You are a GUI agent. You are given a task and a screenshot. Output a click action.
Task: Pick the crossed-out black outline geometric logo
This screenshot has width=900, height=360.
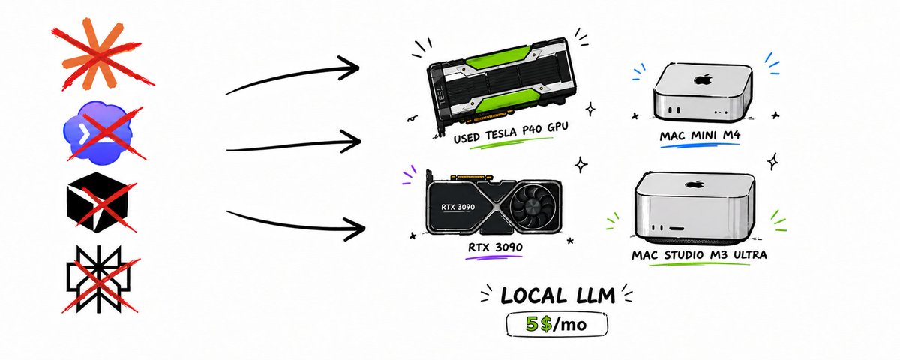point(98,279)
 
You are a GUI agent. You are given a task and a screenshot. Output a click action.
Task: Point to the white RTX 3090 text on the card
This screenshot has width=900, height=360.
point(457,207)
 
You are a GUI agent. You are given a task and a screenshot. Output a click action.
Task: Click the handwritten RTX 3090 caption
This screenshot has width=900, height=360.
point(495,247)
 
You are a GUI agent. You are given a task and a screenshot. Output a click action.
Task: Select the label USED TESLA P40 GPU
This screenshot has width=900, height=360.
point(511,132)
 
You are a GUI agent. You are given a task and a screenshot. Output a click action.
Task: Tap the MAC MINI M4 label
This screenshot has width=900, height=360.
point(700,136)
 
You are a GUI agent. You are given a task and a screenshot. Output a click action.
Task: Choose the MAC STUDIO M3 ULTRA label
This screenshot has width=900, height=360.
point(699,255)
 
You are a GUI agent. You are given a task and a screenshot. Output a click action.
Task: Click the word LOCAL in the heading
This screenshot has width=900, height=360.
point(529,296)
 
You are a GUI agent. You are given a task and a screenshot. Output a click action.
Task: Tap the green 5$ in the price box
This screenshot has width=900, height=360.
point(538,324)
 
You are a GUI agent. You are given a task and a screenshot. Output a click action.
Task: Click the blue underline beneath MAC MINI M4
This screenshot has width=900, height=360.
point(700,145)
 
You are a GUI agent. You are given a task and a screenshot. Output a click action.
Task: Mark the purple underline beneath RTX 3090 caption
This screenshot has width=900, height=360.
point(493,256)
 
